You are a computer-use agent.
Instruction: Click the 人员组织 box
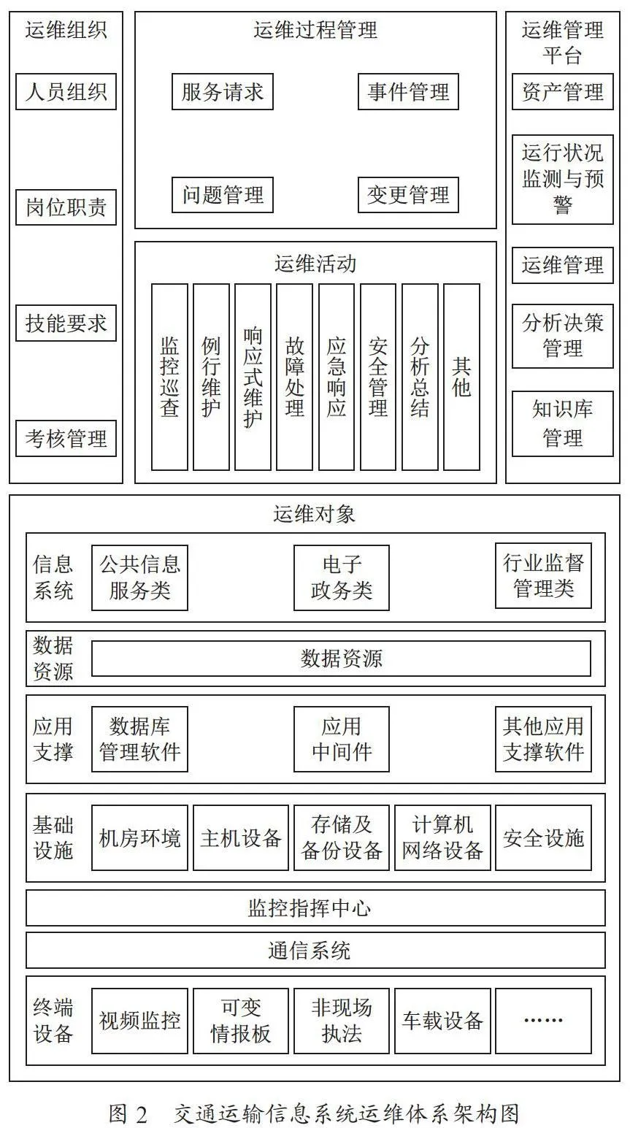pos(66,92)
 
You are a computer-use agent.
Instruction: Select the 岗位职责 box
pos(66,207)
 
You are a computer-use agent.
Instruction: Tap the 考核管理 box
pos(66,439)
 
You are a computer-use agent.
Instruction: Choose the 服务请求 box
pos(223,92)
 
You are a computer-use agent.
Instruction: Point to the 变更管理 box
pos(408,195)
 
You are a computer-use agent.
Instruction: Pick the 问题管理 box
pos(223,195)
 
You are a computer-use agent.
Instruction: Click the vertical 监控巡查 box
pos(169,377)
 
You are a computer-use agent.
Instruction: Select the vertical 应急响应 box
pos(337,377)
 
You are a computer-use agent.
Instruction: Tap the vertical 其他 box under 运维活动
pos(461,377)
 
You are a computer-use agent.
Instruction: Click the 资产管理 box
pos(563,92)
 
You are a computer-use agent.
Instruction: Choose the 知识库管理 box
pos(563,424)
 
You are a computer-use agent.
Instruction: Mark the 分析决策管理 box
pos(563,336)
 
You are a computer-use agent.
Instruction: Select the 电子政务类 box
pos(342,578)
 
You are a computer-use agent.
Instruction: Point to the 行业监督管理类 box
pos(543,575)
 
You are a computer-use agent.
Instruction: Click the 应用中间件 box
pos(342,740)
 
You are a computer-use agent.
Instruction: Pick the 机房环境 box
pos(139,838)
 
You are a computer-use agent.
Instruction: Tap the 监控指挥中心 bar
pos(315,908)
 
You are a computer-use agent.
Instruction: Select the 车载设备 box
pos(442,1021)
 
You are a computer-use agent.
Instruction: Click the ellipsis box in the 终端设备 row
pos(543,1021)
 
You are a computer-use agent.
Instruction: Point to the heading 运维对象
pos(315,514)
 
